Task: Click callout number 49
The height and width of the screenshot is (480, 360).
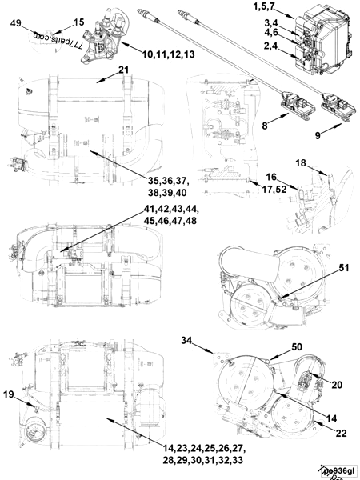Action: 15,23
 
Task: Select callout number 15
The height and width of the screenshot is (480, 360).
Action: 55,22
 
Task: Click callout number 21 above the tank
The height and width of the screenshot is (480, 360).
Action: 123,70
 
